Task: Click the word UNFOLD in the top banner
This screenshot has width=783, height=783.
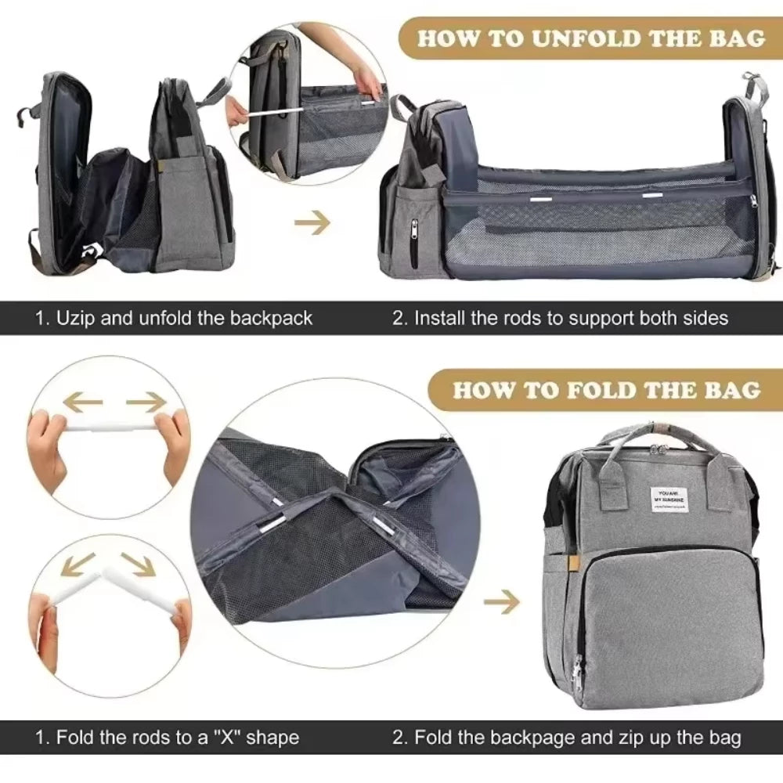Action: tap(573, 39)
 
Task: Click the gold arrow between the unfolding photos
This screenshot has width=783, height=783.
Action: tap(312, 224)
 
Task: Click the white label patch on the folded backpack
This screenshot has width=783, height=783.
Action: tap(672, 496)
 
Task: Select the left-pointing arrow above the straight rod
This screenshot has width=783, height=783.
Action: tap(83, 402)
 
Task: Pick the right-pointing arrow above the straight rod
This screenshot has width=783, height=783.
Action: tap(146, 402)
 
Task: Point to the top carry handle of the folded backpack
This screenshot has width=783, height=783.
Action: tap(642, 435)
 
